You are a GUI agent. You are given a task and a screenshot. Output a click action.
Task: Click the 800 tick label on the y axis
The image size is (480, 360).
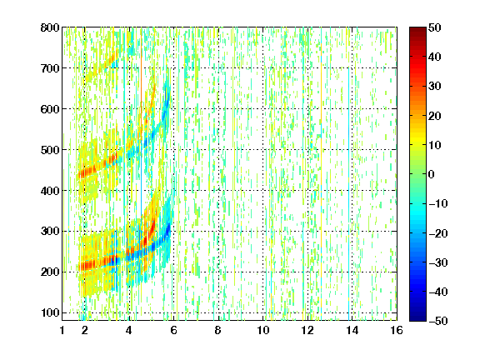[x=50, y=27]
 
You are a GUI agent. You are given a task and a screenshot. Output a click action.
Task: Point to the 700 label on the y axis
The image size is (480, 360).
[x=50, y=68]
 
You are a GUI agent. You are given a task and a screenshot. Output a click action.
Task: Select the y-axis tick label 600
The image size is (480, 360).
[x=50, y=109]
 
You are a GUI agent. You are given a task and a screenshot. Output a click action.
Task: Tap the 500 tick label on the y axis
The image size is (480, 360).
[x=50, y=150]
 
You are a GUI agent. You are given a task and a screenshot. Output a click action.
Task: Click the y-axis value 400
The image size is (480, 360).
[x=50, y=191]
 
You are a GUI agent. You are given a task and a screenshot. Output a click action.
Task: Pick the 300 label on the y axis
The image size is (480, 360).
[x=50, y=231]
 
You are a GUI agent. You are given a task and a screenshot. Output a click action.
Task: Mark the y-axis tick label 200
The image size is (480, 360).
[x=50, y=272]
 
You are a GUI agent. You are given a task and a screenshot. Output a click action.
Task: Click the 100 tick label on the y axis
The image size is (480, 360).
[x=50, y=312]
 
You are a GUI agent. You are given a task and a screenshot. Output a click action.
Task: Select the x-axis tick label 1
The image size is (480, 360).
[x=62, y=330]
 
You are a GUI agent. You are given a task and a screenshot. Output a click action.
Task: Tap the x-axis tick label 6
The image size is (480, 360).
[x=173, y=330]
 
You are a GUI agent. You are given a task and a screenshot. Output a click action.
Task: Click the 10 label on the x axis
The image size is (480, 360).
[x=263, y=330]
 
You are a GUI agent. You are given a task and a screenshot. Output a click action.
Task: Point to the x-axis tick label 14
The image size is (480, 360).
[x=352, y=330]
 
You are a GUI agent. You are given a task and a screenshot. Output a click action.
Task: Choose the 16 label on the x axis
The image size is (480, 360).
[x=397, y=330]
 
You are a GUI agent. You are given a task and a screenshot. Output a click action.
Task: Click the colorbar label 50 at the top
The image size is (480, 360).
[x=434, y=27]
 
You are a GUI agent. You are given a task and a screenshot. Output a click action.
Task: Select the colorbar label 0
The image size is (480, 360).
[x=432, y=174]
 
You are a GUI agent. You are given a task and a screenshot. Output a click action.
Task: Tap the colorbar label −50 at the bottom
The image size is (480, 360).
[x=438, y=321]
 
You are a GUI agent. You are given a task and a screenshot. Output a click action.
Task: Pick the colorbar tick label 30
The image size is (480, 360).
[x=434, y=87]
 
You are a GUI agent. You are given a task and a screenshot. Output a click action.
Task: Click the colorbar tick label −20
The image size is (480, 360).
[x=438, y=233]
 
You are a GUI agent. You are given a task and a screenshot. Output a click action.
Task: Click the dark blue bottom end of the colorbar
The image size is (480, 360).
[x=417, y=318]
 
